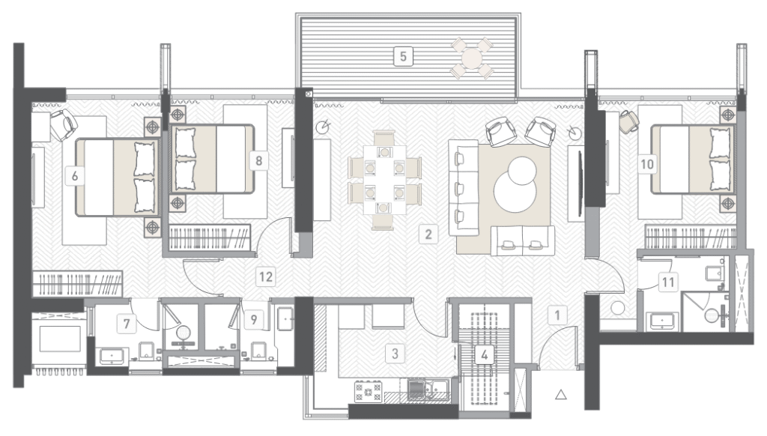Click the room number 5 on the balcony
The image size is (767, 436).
coord(403,56)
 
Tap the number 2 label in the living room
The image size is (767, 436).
coord(428,234)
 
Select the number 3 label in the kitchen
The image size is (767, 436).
coord(395,353)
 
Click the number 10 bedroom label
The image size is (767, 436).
coord(646,164)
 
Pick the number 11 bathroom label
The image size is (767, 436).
coord(668,282)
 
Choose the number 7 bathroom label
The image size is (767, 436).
coord(127,324)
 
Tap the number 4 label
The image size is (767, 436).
coord(485,354)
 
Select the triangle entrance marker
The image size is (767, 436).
coord(561,394)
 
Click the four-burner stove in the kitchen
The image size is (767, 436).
coord(369,392)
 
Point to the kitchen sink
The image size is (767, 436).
coord(429,389)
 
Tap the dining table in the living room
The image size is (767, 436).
coord(384,180)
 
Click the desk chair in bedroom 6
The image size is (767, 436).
coord(64,124)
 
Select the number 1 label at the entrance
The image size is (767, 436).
coord(557,315)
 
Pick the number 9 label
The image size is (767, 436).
coord(253,320)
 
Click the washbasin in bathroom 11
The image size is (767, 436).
coord(662,321)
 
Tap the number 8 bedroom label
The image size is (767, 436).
coord(258,160)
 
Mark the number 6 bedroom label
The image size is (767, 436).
coord(74,175)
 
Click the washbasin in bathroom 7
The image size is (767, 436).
coord(114,356)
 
